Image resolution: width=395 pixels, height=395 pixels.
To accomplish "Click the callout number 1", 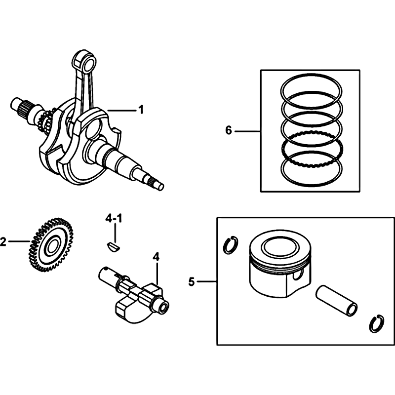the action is (x=141, y=110).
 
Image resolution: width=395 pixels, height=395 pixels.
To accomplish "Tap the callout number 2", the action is (x=3, y=241).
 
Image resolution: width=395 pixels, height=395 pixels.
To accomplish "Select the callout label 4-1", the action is (x=114, y=218).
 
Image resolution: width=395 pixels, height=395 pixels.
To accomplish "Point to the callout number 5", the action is (x=192, y=281).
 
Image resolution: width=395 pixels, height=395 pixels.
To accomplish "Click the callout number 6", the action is (x=229, y=130).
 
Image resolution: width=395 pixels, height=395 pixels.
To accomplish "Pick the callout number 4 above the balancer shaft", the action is (x=156, y=257).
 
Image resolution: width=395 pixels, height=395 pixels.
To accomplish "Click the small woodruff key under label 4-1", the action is (x=114, y=246).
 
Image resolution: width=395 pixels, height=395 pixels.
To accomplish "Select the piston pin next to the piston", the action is (x=336, y=301).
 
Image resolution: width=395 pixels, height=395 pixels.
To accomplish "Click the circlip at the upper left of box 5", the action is (x=231, y=244).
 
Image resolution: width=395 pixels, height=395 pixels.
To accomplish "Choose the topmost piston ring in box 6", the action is (x=312, y=89).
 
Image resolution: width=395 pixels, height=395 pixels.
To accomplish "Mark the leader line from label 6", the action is (x=247, y=131).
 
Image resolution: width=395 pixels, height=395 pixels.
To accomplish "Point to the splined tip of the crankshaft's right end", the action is (x=157, y=184).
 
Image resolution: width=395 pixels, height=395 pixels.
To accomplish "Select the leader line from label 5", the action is (x=207, y=281).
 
